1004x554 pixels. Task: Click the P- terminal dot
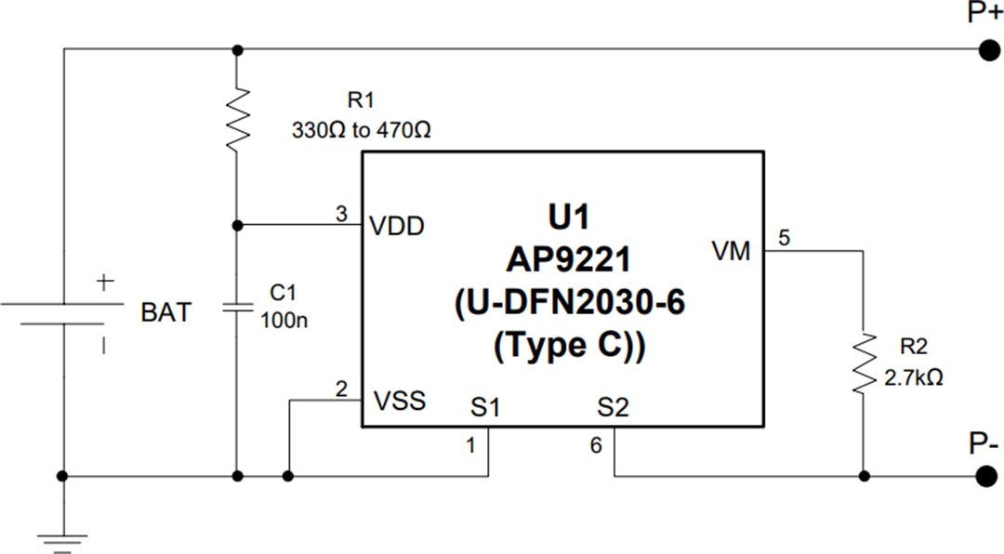coord(985,476)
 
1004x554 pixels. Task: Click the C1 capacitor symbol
coord(238,306)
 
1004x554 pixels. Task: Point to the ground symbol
coord(63,539)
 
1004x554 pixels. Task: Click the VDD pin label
coord(398,225)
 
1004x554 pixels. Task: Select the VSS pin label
coord(399,402)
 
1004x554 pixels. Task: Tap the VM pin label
coord(731,251)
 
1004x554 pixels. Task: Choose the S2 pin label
coord(614,406)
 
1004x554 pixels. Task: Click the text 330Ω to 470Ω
coord(361,130)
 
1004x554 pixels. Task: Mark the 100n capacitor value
coord(283,321)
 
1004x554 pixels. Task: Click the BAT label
coord(165,313)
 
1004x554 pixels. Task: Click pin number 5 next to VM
coord(784,238)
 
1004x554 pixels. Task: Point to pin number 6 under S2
coord(596,446)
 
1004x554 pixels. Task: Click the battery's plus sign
coord(105,280)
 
